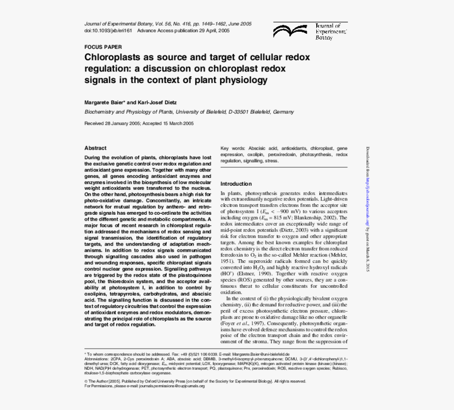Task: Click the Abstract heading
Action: tap(96, 148)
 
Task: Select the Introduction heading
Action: tap(236, 184)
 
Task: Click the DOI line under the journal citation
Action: tap(157, 31)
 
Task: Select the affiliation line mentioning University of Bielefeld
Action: tap(189, 112)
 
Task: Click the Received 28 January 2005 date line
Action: tap(139, 123)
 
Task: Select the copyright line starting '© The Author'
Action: tap(195, 381)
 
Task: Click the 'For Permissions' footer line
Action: tap(144, 386)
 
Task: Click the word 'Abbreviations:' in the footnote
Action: tap(99, 359)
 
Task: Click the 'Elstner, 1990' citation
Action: tap(261, 274)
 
